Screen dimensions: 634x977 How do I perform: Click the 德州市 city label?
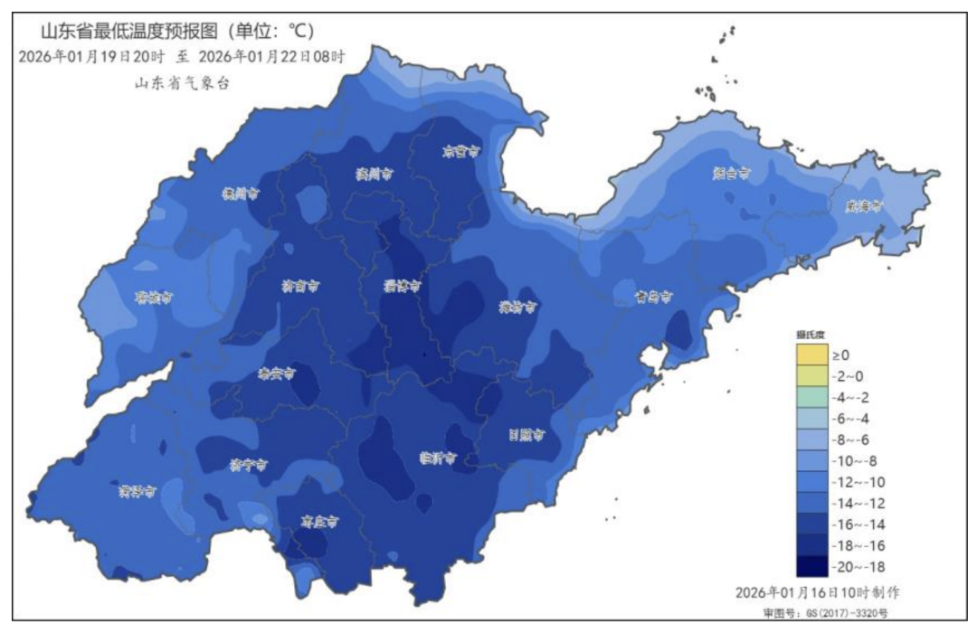[x=242, y=194]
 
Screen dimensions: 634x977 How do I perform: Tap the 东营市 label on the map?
[x=460, y=152]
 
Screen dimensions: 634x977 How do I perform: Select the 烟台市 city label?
[x=732, y=172]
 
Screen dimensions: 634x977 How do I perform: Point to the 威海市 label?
[x=863, y=205]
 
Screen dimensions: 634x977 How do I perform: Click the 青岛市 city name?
[x=652, y=296]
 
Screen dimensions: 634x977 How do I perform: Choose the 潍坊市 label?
[x=518, y=308]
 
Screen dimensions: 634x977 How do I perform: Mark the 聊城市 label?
[x=154, y=297]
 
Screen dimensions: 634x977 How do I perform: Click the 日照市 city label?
[x=525, y=435]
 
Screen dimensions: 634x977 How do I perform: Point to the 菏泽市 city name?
[x=138, y=491]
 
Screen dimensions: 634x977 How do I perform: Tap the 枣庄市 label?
[x=319, y=522]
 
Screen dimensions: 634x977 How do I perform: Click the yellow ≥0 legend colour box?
[x=811, y=355]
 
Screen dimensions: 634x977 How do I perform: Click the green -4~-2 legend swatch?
[x=811, y=397]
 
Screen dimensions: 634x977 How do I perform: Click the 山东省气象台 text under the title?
[x=182, y=83]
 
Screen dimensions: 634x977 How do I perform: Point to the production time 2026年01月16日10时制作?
[x=817, y=592]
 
